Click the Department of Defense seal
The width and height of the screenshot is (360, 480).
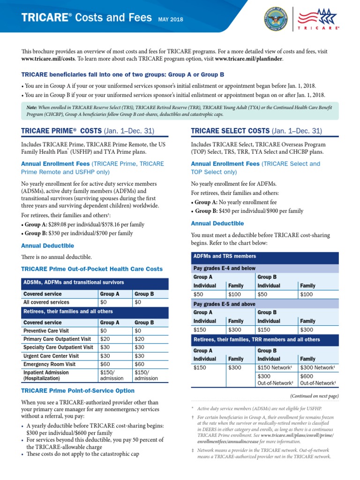[x=276, y=19]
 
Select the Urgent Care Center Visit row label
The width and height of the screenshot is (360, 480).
[x=51, y=356]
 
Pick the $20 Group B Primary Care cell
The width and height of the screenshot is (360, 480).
[x=139, y=339]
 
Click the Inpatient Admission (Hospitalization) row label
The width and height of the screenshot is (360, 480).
[x=46, y=375]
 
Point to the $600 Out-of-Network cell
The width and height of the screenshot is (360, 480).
[x=318, y=379]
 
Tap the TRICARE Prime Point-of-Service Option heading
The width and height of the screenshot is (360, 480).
[x=78, y=390]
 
